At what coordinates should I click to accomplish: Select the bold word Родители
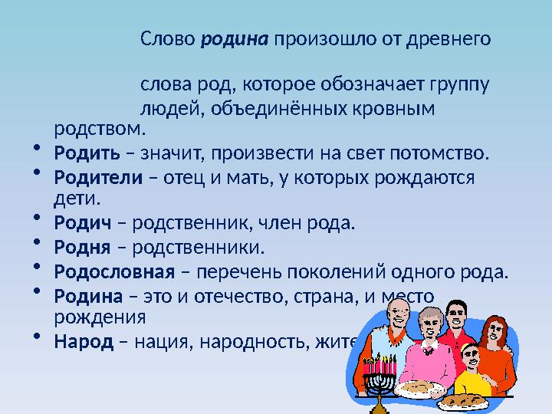point(98,178)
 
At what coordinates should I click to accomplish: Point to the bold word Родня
point(80,248)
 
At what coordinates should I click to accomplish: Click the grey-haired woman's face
point(428,325)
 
